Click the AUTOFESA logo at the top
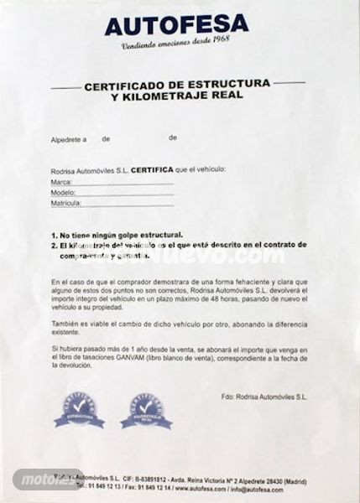[176, 24]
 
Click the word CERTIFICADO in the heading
[126, 86]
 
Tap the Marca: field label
[61, 181]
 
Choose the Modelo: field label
[63, 192]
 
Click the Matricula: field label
[65, 203]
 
